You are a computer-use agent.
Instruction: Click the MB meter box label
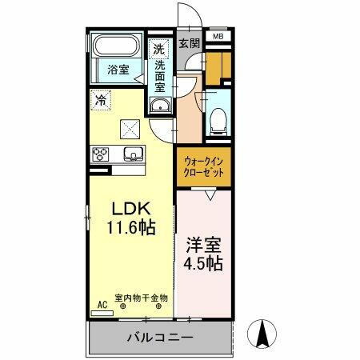tap(218, 36)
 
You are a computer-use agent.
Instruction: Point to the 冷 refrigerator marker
tap(100, 101)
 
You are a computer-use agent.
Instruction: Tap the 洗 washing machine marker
tap(158, 50)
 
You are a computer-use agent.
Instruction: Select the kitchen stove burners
tap(102, 154)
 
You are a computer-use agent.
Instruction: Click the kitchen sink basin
tap(131, 154)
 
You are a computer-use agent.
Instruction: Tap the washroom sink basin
tap(158, 106)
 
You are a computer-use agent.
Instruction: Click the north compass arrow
tap(260, 330)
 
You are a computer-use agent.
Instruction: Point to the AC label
tap(102, 305)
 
